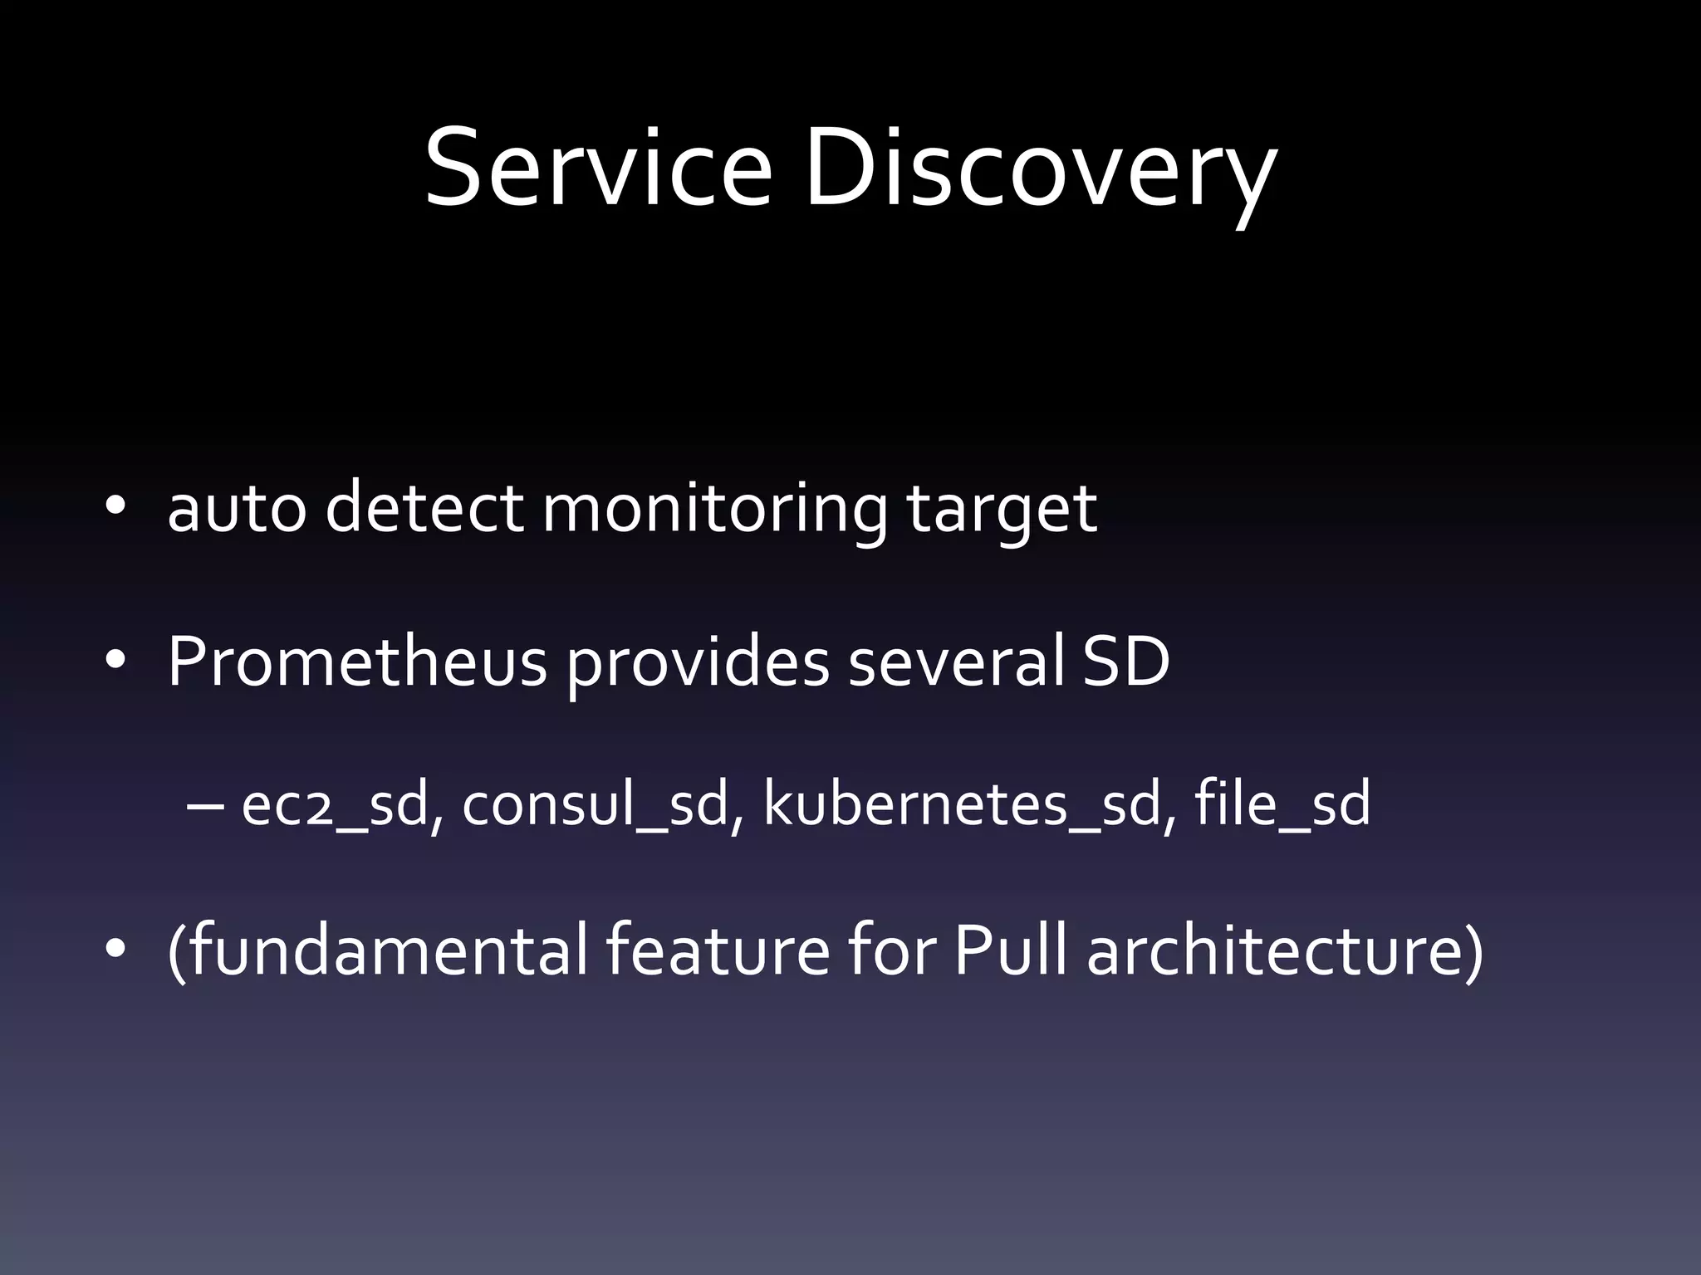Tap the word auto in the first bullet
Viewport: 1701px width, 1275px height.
[x=237, y=508]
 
